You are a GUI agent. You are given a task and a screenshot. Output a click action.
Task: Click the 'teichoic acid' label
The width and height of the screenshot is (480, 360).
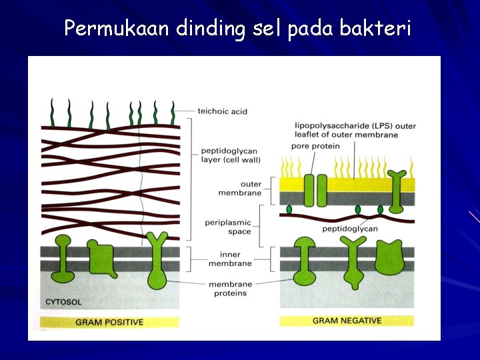[222, 111]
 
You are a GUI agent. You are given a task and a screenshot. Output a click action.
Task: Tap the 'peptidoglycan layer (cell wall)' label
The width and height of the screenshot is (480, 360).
[230, 155]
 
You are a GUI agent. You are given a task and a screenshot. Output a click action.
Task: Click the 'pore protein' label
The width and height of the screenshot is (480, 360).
[317, 146]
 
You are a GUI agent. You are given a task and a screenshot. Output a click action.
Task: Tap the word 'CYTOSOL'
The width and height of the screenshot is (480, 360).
[63, 302]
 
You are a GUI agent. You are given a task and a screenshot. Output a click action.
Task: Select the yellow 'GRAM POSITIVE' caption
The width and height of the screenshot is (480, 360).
[109, 322]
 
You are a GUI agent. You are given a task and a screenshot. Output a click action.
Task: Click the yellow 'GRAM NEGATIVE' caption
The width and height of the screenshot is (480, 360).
[347, 321]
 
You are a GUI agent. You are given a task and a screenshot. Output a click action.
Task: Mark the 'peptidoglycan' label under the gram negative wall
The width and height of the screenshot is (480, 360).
[349, 229]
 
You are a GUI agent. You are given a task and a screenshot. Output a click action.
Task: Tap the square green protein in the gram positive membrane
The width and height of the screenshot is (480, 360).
[101, 256]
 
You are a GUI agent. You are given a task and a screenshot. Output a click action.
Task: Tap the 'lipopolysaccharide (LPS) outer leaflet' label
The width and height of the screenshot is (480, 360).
[355, 130]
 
